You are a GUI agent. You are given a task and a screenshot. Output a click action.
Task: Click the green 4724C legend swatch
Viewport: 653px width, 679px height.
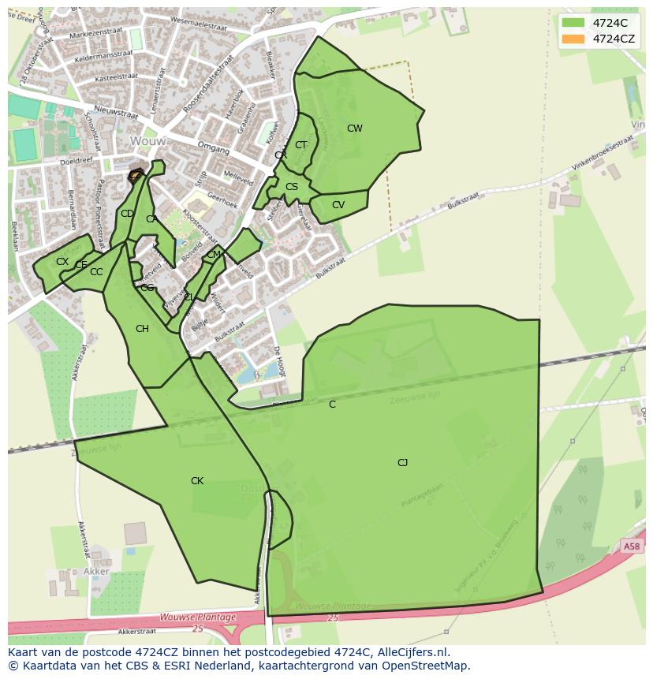[573, 22]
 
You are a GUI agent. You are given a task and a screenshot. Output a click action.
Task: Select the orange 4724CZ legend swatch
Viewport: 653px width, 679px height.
[573, 39]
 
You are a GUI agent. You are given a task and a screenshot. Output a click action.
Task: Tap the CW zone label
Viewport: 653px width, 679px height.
[355, 129]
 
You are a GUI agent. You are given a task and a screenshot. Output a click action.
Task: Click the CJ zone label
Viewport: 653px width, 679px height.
[402, 463]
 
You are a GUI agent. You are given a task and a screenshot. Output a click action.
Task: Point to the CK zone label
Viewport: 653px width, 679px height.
[197, 481]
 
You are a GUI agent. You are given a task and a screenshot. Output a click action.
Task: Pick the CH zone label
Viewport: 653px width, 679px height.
[142, 330]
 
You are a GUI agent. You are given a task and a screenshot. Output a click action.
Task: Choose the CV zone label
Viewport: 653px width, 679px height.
[338, 205]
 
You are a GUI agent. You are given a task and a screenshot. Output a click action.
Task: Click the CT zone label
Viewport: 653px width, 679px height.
[300, 145]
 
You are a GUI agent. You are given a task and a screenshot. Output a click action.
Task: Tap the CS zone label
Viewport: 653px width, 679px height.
[292, 187]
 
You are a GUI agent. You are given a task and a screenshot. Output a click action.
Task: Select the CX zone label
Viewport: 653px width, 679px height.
[62, 262]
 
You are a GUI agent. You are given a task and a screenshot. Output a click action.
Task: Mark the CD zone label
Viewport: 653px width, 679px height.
[127, 214]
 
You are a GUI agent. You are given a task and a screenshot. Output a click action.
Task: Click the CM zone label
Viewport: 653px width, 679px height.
[214, 256]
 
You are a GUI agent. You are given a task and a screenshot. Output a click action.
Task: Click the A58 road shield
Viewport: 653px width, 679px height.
[631, 546]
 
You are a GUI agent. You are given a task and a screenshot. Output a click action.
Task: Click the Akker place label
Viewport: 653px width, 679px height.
[96, 571]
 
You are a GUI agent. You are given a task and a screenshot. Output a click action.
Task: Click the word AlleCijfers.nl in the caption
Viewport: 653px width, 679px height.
[411, 652]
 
